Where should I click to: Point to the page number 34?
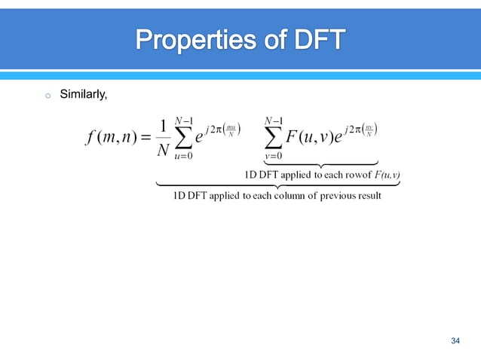pyautogui.click(x=455, y=342)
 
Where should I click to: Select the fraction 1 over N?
pyautogui.click(x=163, y=139)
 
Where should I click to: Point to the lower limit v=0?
pyautogui.click(x=274, y=157)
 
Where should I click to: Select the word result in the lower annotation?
pyautogui.click(x=368, y=196)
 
